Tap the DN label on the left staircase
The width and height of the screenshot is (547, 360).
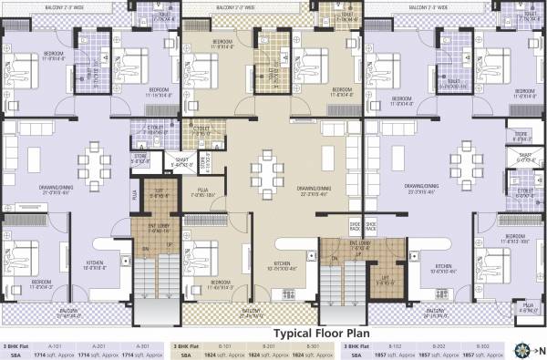(x=145, y=248)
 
